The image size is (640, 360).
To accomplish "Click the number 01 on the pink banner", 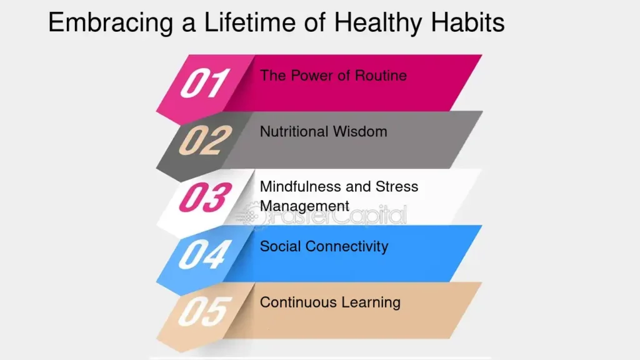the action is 205,83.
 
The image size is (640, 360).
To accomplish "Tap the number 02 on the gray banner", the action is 205,140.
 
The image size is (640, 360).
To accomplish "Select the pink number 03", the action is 205,197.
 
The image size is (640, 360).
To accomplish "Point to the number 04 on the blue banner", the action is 205,254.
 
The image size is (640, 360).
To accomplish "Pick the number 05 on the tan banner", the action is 205,311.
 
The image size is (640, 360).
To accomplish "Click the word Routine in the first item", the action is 381,76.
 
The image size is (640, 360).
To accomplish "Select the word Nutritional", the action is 294,132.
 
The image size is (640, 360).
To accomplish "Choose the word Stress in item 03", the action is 397,186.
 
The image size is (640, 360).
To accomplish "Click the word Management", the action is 304,206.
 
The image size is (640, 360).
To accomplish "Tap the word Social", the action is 281,246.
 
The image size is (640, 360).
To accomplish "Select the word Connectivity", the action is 347,247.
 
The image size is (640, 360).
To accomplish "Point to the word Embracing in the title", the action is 111,23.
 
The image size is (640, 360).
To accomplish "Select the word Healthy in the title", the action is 378,23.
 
